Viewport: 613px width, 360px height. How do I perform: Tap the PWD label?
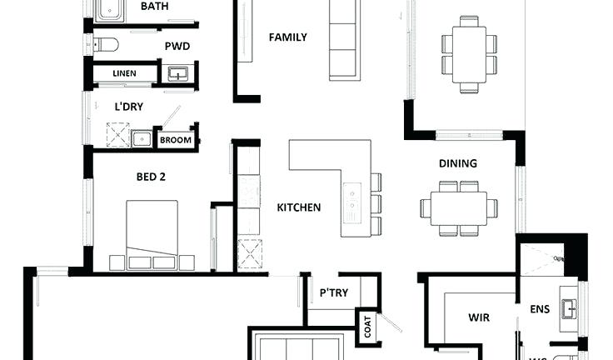click(x=177, y=46)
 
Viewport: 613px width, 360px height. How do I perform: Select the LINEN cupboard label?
click(x=124, y=74)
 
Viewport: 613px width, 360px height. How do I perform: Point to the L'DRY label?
click(x=129, y=106)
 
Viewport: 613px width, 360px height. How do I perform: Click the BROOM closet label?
click(x=176, y=140)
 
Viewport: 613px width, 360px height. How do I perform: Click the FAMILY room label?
click(x=287, y=37)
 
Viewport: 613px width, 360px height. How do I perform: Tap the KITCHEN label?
click(x=298, y=207)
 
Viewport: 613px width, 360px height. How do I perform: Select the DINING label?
click(x=458, y=163)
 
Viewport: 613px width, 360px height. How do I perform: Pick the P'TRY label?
click(x=333, y=292)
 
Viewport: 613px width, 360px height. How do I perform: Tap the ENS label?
click(x=540, y=309)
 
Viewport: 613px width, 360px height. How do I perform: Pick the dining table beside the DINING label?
click(x=459, y=207)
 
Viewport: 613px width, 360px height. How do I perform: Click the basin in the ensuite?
click(x=569, y=309)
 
